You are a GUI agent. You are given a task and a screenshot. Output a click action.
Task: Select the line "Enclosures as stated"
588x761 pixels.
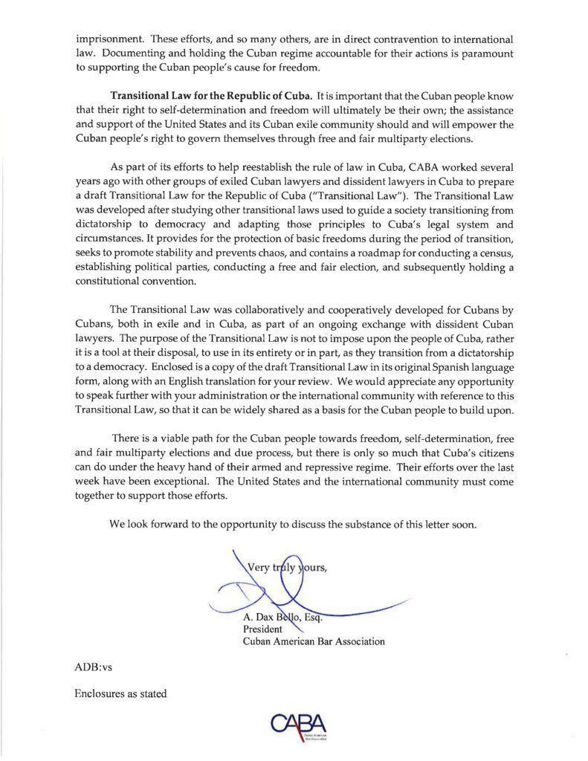tap(120, 694)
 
